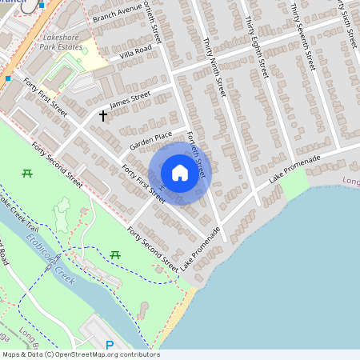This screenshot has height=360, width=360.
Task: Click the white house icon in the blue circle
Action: click(180, 172)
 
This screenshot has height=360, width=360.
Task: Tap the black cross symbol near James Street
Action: click(102, 116)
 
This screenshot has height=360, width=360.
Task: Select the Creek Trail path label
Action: click(19, 210)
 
